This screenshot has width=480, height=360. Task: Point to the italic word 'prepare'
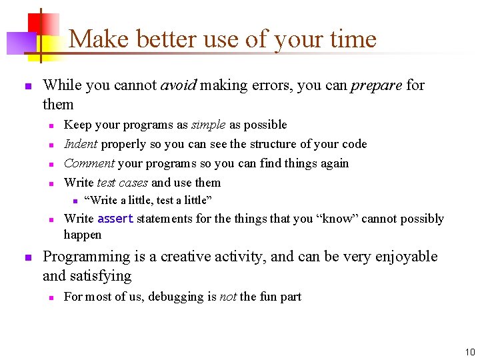click(376, 85)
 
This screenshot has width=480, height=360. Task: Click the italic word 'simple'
click(209, 125)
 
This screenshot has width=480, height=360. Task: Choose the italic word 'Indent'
click(81, 144)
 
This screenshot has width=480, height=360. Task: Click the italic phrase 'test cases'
click(123, 183)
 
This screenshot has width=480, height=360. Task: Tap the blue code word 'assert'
click(115, 219)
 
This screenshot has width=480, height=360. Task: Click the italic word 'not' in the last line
click(228, 297)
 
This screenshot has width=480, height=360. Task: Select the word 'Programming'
click(86, 257)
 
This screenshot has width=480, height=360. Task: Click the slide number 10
click(470, 352)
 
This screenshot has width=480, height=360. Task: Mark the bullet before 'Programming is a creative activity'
click(27, 257)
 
